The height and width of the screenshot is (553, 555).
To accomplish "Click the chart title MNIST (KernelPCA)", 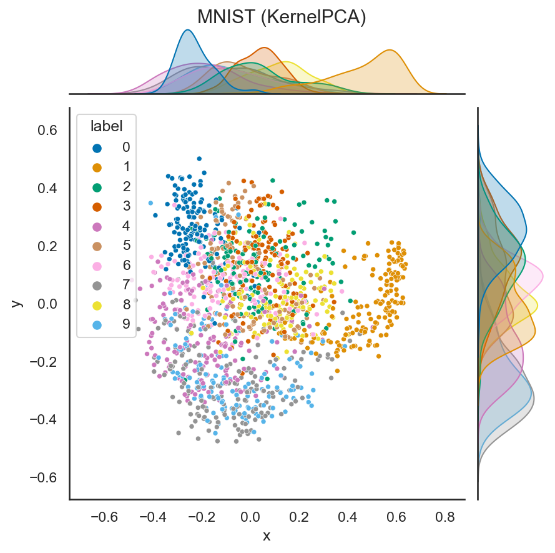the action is click(282, 17).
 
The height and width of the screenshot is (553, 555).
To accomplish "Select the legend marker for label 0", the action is click(97, 149).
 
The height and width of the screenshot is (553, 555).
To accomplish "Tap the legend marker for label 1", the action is click(97, 168).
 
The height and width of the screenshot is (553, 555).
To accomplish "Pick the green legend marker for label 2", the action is click(97, 187).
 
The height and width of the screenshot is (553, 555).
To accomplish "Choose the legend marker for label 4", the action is click(97, 227).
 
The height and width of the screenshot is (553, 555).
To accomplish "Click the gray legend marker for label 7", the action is click(97, 286).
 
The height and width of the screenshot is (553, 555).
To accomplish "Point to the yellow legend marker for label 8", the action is click(97, 306).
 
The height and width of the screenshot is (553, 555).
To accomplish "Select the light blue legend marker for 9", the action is click(97, 325).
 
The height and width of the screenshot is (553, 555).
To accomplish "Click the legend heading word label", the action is click(107, 126).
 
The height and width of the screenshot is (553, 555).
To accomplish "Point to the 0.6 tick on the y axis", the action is click(47, 131).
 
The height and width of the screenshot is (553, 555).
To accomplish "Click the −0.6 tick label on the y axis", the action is click(43, 477).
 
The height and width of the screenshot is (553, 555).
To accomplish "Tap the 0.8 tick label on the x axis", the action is click(445, 517).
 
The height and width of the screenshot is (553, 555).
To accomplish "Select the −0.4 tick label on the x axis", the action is click(152, 517).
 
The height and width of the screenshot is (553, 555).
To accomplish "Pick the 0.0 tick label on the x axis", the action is click(250, 517).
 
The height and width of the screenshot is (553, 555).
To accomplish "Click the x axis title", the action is click(267, 536).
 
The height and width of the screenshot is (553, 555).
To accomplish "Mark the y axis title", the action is click(16, 304).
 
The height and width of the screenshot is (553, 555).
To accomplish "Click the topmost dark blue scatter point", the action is click(199, 159).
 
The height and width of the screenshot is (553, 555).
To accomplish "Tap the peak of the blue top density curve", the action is click(187, 30).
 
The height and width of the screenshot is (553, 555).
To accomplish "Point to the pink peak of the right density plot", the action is click(543, 277).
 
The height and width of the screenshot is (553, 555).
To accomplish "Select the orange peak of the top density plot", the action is click(390, 51).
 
